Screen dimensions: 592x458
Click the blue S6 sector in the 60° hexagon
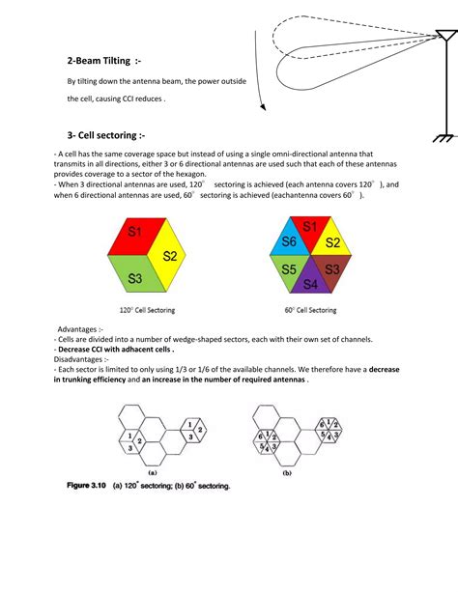coord(286,241)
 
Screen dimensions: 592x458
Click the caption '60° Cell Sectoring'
coord(309,310)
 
